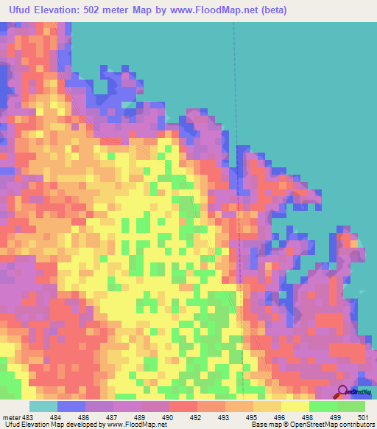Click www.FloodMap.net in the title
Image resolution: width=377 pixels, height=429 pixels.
pyautogui.click(x=214, y=10)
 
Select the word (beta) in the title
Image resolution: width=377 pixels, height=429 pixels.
pyautogui.click(x=272, y=10)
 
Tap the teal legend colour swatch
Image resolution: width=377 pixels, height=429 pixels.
pyautogui.click(x=43, y=406)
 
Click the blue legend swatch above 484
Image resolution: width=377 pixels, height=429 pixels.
pyautogui.click(x=71, y=406)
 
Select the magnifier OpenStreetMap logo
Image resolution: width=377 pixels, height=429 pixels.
pyautogui.click(x=343, y=392)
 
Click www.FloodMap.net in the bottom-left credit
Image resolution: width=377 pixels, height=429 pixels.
pyautogui.click(x=131, y=425)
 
